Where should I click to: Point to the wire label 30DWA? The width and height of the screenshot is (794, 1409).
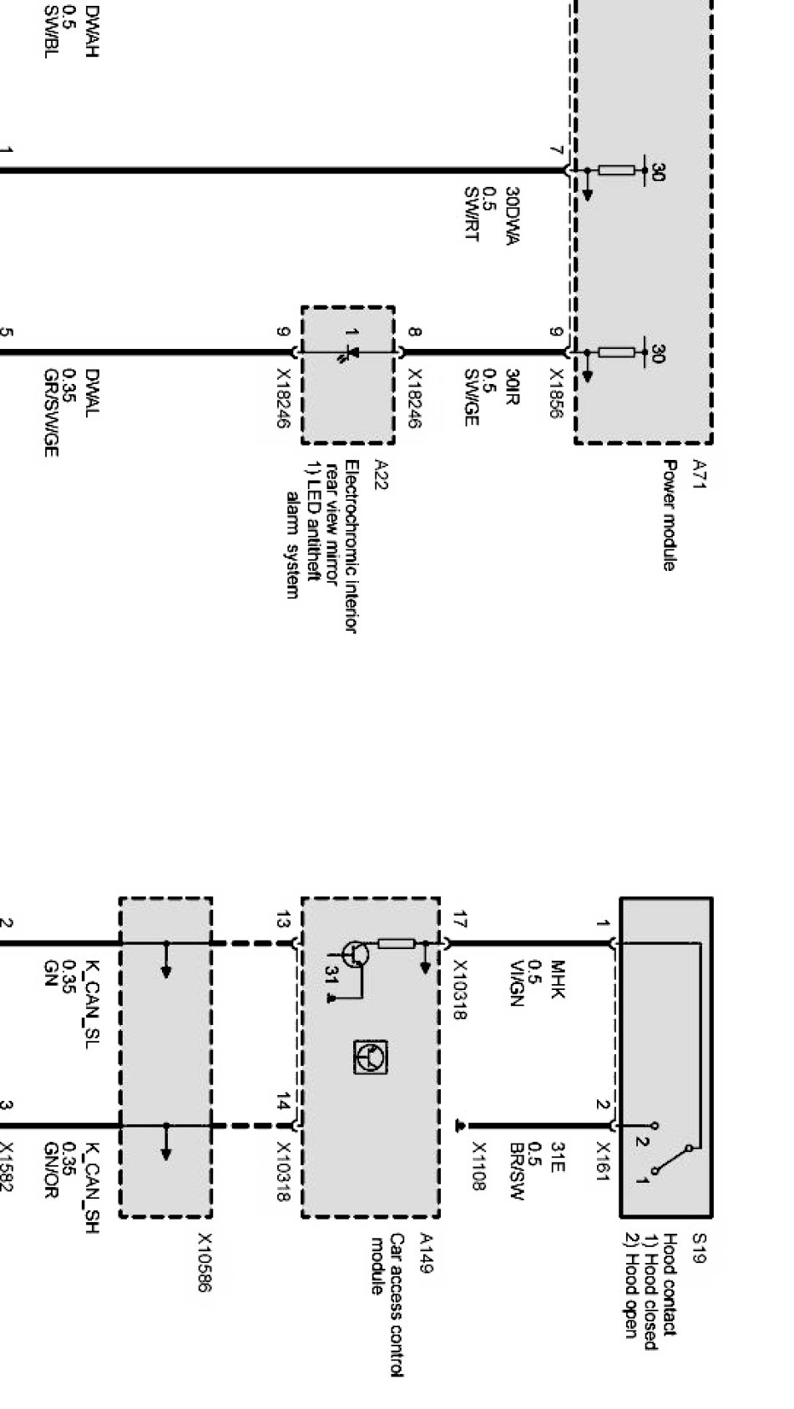pyautogui.click(x=512, y=215)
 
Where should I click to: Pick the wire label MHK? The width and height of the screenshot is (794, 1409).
pyautogui.click(x=558, y=974)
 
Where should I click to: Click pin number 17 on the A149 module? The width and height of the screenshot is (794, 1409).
pyautogui.click(x=458, y=922)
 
